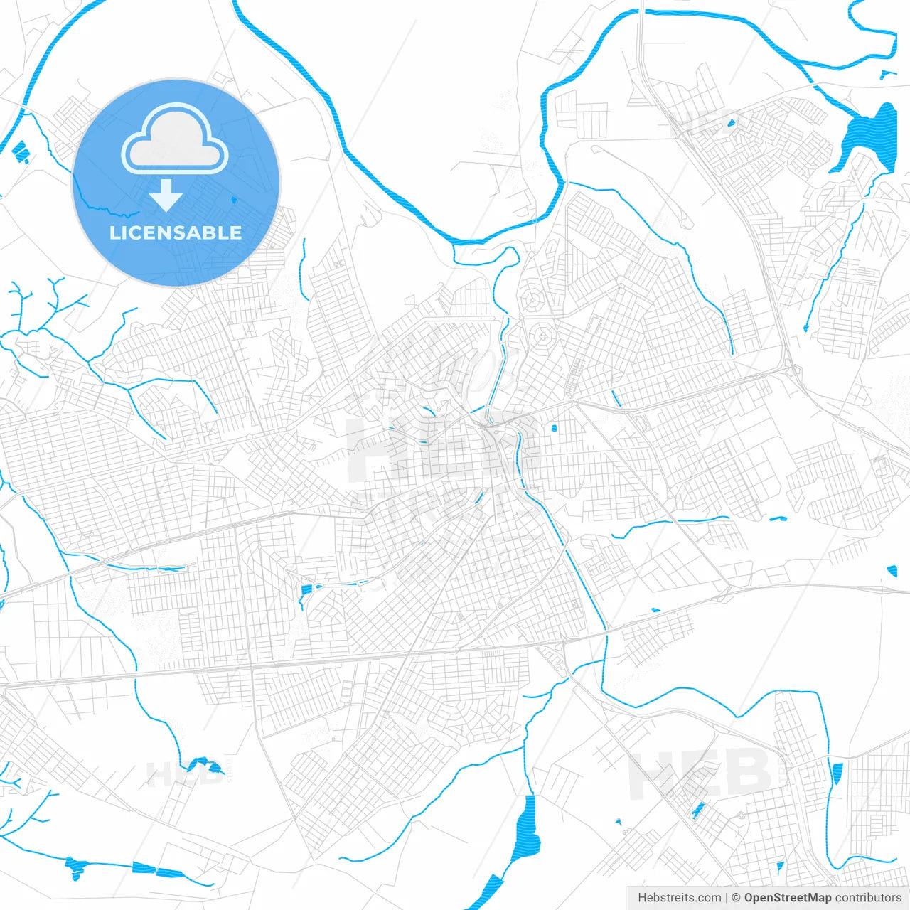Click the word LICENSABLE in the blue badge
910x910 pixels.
(x=176, y=232)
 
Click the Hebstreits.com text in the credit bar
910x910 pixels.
(x=679, y=898)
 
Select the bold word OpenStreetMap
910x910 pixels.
(x=788, y=898)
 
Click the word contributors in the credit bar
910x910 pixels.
(x=868, y=898)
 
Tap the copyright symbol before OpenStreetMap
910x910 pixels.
(x=737, y=898)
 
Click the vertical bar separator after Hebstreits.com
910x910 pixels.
(x=727, y=898)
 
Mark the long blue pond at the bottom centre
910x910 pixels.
(x=528, y=828)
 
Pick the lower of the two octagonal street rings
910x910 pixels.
(x=543, y=333)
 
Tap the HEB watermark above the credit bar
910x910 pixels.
(x=700, y=775)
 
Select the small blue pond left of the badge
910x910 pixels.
(x=20, y=151)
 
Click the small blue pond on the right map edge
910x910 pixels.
(x=892, y=569)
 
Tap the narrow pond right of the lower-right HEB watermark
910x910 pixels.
(x=836, y=773)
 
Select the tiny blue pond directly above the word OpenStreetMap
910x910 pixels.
(x=780, y=866)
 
